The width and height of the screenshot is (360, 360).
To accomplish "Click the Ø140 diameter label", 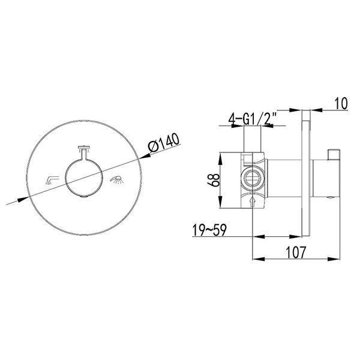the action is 164,142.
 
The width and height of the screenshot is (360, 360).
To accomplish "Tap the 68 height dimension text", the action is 214,180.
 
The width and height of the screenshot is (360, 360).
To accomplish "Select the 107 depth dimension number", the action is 296,252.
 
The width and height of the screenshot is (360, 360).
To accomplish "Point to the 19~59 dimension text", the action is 209,230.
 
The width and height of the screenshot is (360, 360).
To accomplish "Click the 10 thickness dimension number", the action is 341,104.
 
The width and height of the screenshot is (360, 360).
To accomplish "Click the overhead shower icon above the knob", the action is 84,149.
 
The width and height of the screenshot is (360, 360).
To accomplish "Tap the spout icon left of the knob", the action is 52,180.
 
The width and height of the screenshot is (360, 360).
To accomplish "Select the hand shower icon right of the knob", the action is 116,179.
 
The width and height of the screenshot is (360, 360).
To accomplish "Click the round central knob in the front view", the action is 84,178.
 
